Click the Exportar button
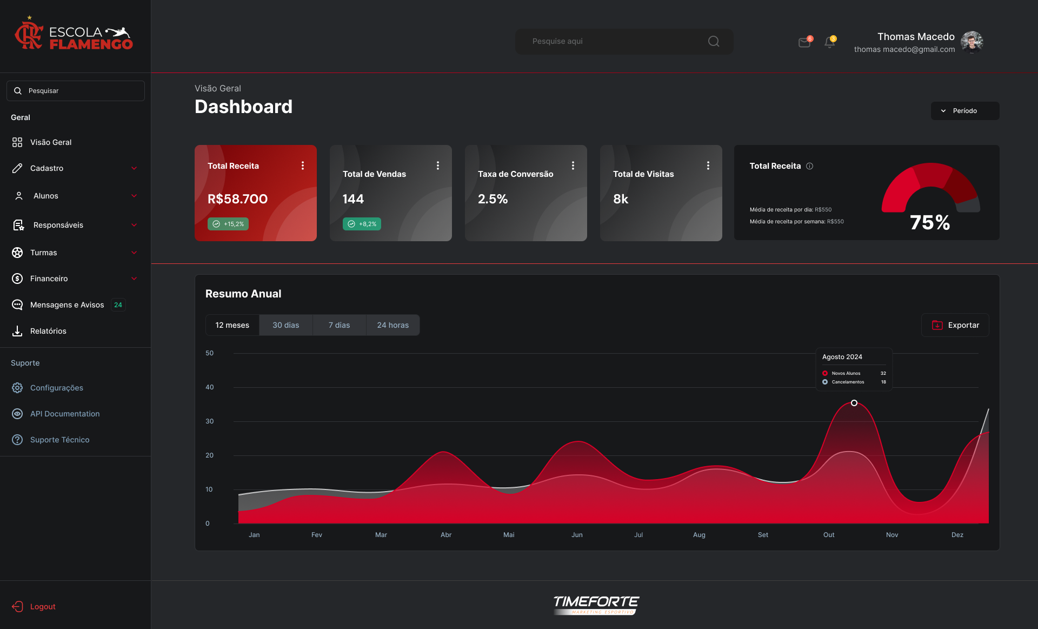click(x=955, y=325)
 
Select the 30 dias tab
click(x=286, y=325)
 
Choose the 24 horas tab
click(x=393, y=325)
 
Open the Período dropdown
click(x=965, y=111)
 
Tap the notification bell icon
click(x=830, y=42)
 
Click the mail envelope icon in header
click(x=805, y=42)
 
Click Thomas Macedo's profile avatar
click(x=972, y=42)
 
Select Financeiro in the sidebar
click(x=49, y=279)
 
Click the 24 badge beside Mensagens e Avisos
click(x=118, y=305)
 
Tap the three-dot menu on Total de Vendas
click(x=438, y=165)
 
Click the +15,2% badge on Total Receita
click(x=228, y=224)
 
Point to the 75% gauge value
click(x=930, y=222)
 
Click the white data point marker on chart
click(x=854, y=403)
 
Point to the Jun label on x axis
click(x=577, y=535)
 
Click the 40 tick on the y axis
click(x=210, y=387)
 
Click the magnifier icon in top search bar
click(x=714, y=42)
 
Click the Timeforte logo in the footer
click(x=596, y=605)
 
